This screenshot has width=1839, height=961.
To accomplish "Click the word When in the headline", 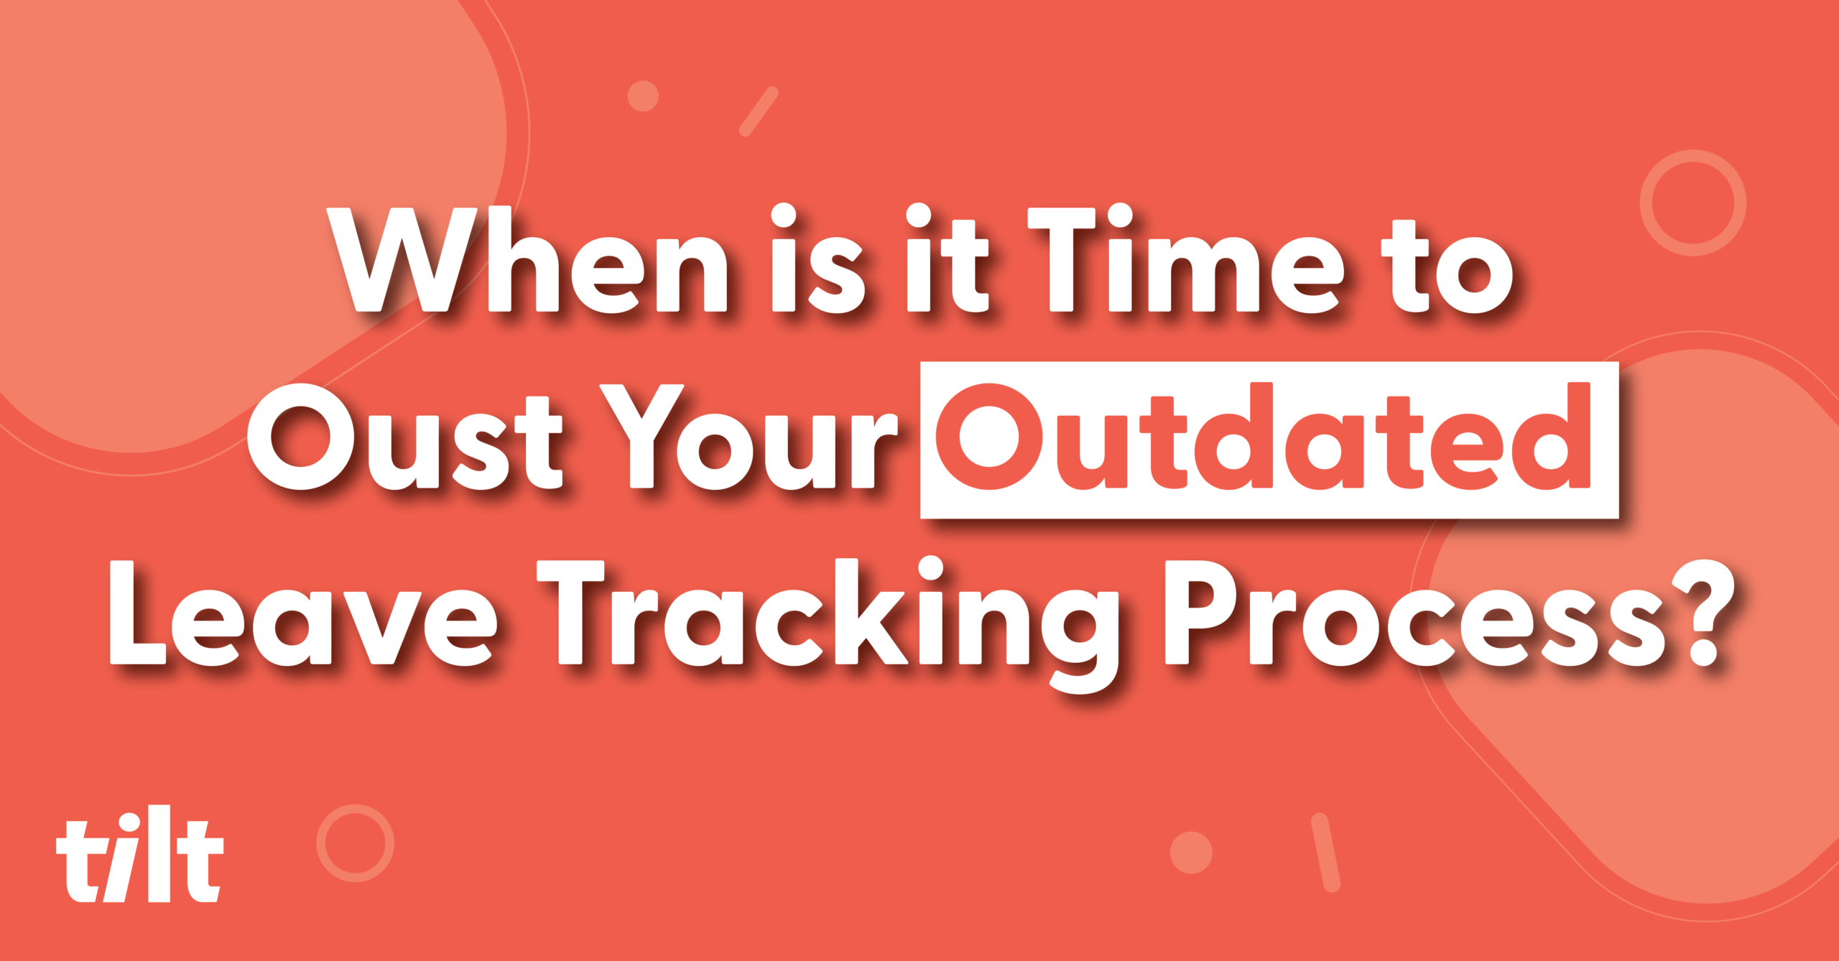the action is [x=527, y=260].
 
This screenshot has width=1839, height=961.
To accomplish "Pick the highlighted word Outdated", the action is [x=1264, y=437].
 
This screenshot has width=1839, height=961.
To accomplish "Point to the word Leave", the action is [x=302, y=614].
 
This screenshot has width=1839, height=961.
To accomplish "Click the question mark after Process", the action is [x=1703, y=614].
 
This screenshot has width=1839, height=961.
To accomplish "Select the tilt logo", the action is [x=140, y=854].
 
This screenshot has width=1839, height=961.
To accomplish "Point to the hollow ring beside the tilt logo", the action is [x=318, y=843].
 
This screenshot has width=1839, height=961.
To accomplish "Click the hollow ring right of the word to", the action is [x=1642, y=203].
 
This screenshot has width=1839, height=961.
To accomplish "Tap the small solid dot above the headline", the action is [x=643, y=96].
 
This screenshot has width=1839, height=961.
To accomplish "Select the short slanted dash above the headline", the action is [x=759, y=111].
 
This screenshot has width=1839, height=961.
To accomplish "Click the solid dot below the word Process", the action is [x=1191, y=853].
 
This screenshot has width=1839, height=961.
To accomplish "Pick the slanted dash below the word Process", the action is [x=1326, y=853].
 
